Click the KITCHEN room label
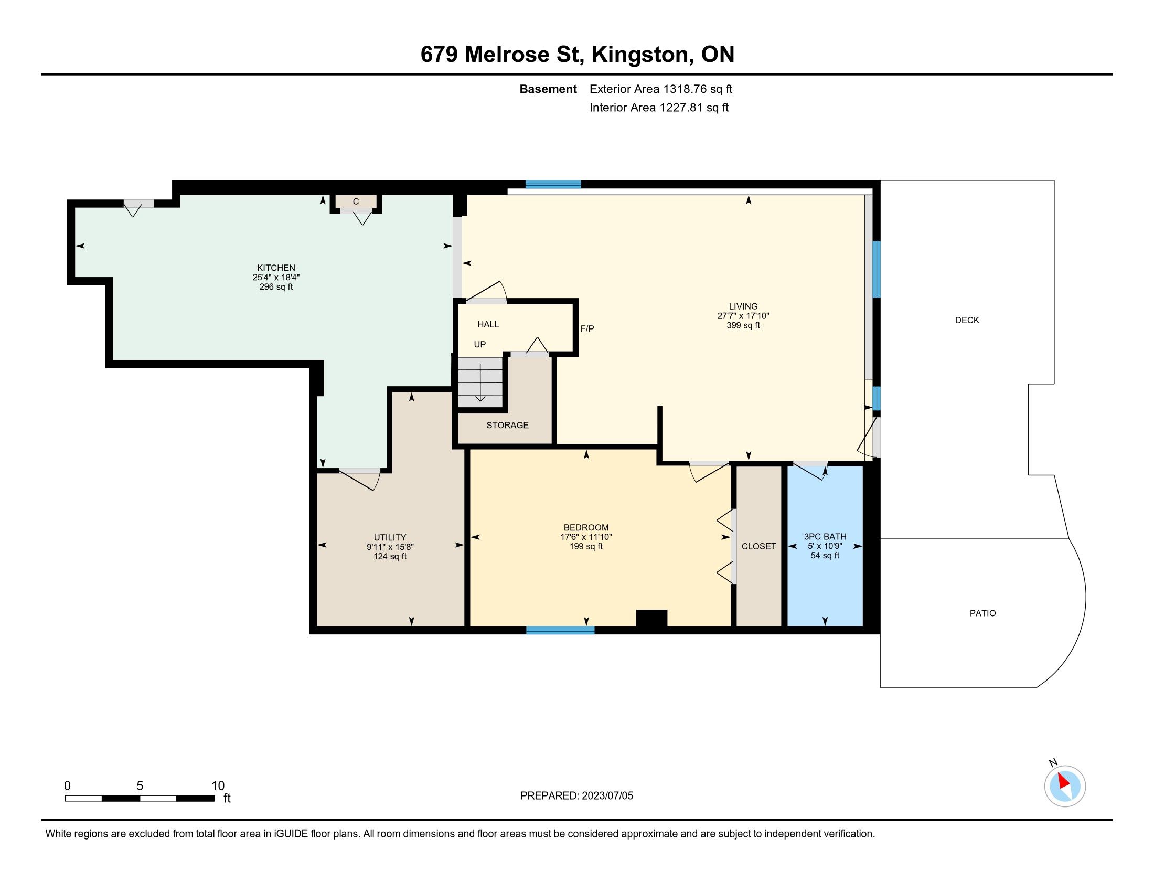point(276,268)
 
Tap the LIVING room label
point(743,306)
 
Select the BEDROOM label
point(586,527)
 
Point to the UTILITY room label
point(390,537)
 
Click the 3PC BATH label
point(825,536)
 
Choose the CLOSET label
point(759,546)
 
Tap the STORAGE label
point(507,425)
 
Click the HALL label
point(488,324)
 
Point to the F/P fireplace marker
point(587,328)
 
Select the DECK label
point(967,320)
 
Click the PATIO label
point(982,613)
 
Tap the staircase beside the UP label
point(480,381)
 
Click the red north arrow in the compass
point(1063,781)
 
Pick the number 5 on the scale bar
point(140,785)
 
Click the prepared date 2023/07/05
point(607,796)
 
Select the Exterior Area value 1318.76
point(685,89)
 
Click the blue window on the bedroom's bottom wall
point(560,630)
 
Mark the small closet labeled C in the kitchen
point(356,202)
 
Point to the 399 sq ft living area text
point(743,325)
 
